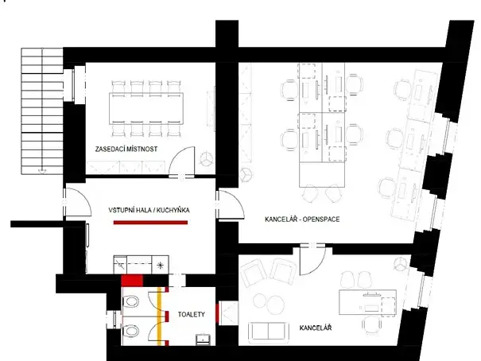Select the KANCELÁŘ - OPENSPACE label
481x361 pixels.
coord(303,218)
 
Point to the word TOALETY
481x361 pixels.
coord(192,315)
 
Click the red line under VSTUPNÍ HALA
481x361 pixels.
coord(150,223)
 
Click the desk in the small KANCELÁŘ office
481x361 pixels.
coord(367,303)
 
